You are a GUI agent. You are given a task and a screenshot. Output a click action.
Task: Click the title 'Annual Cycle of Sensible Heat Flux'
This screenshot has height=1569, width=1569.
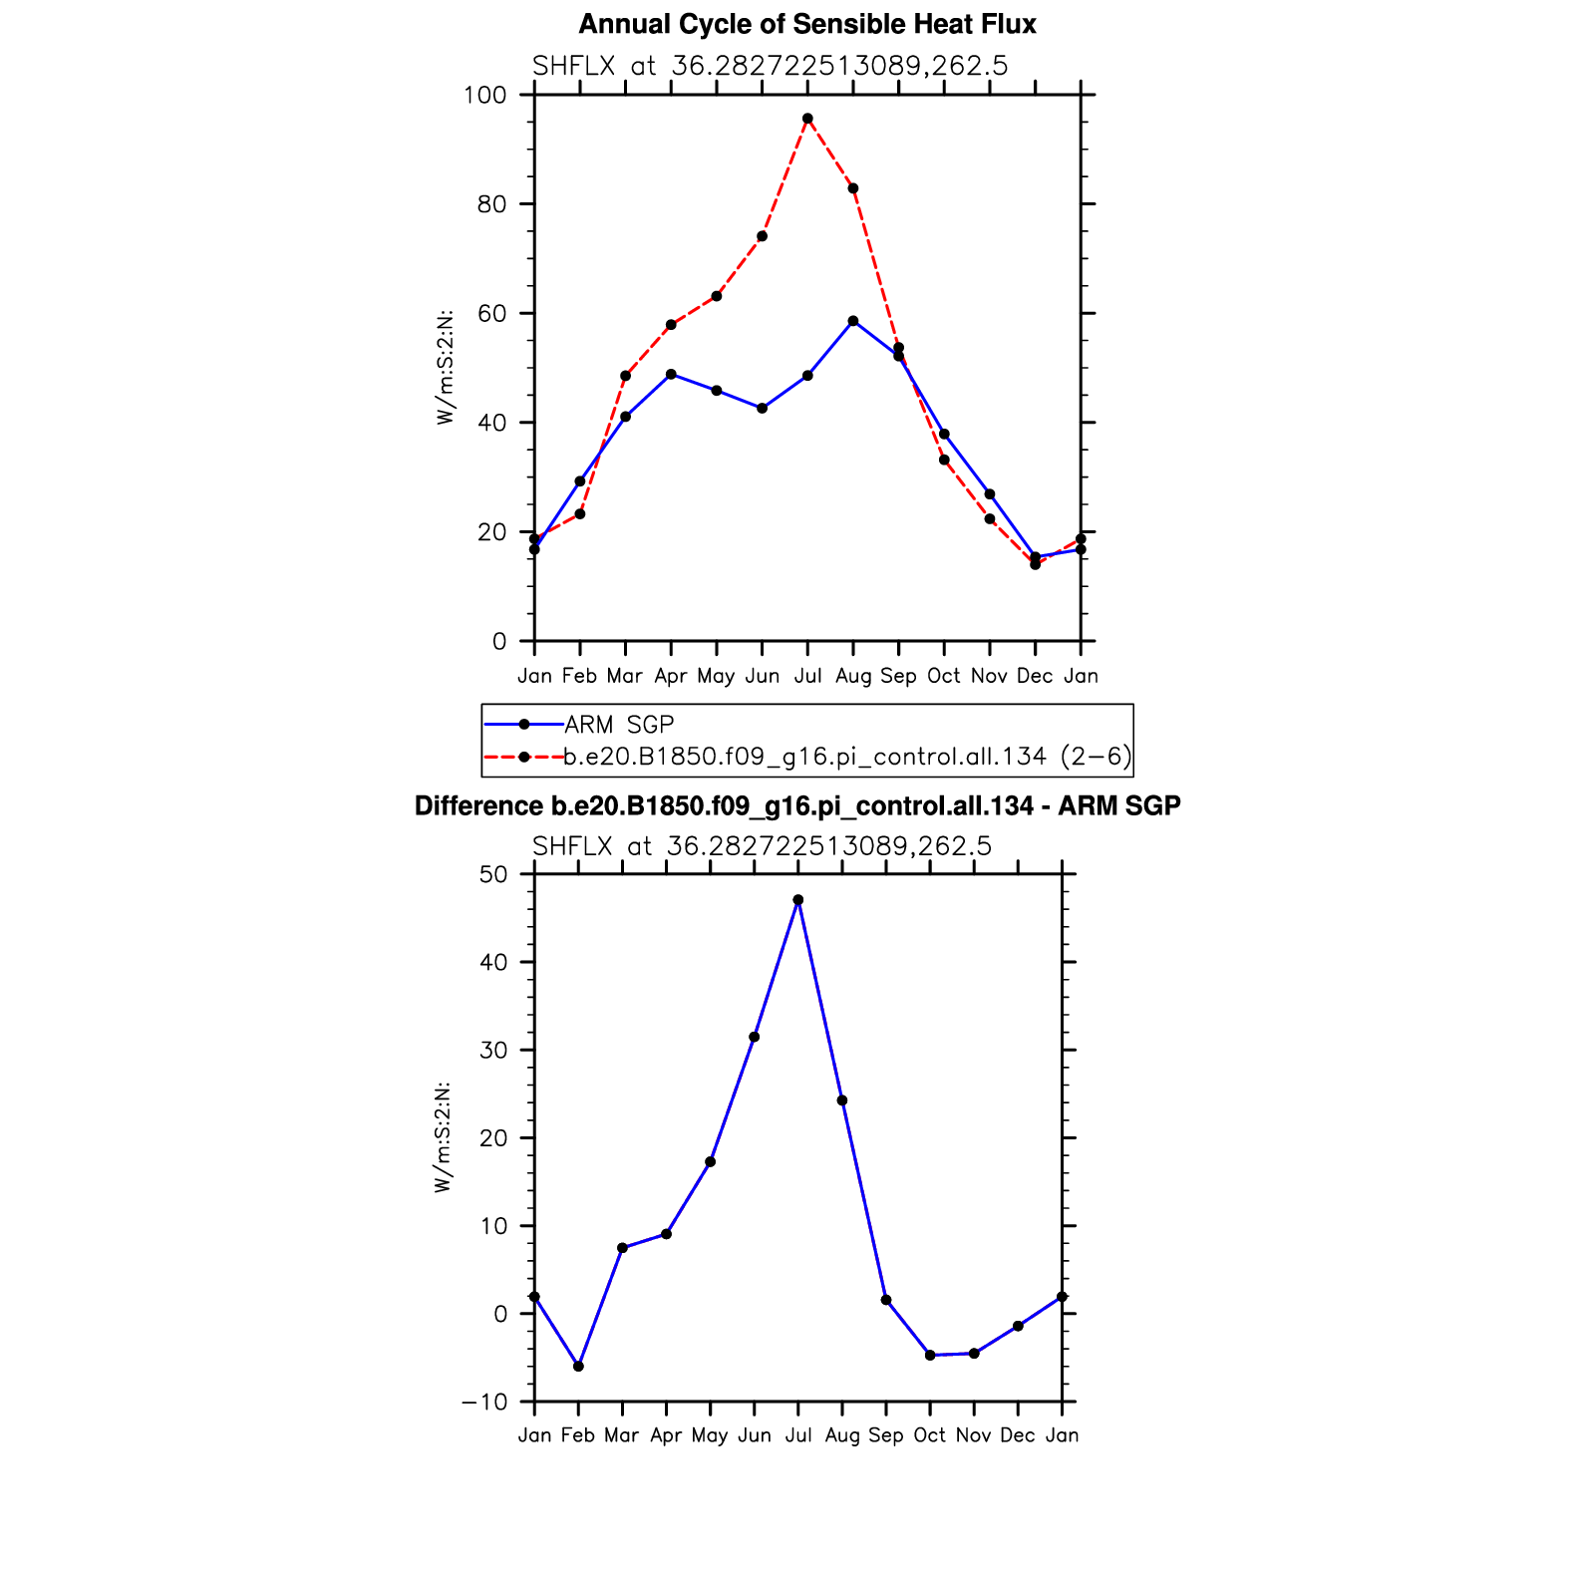[x=806, y=25]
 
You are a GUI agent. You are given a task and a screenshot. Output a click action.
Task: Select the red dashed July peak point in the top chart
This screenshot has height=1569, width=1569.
[x=807, y=119]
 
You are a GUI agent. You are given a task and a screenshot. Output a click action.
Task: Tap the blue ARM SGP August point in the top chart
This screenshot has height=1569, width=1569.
[x=853, y=321]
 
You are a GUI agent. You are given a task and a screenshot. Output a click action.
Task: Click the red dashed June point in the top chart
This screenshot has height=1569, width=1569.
[x=763, y=236]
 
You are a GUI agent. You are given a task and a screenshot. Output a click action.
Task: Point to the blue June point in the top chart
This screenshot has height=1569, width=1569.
[x=763, y=408]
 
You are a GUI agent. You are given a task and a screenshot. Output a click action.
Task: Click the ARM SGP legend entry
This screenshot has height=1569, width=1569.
[x=619, y=725]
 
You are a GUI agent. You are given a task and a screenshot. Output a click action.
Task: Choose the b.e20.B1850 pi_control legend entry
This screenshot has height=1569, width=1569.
[x=847, y=757]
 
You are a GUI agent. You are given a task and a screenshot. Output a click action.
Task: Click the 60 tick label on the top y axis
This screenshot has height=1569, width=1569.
[x=491, y=314]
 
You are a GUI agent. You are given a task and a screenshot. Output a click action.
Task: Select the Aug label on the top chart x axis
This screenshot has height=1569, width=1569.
[x=853, y=676]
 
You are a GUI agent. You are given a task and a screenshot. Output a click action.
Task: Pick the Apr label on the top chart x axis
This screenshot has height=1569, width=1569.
[x=671, y=676]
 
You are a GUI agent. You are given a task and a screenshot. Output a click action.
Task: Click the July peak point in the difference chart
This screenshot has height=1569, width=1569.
[x=798, y=900]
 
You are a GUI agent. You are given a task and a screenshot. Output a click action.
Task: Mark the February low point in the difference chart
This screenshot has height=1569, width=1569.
[x=578, y=1366]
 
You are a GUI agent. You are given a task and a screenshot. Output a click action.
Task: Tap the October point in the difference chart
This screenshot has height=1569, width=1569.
[x=930, y=1355]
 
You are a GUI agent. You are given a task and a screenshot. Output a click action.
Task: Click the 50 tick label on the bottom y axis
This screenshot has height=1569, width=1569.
[x=493, y=874]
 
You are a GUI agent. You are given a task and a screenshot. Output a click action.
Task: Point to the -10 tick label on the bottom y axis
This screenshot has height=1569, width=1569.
[x=484, y=1402]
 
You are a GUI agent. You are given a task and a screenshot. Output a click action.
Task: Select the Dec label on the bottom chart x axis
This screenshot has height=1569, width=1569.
[x=1018, y=1435]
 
